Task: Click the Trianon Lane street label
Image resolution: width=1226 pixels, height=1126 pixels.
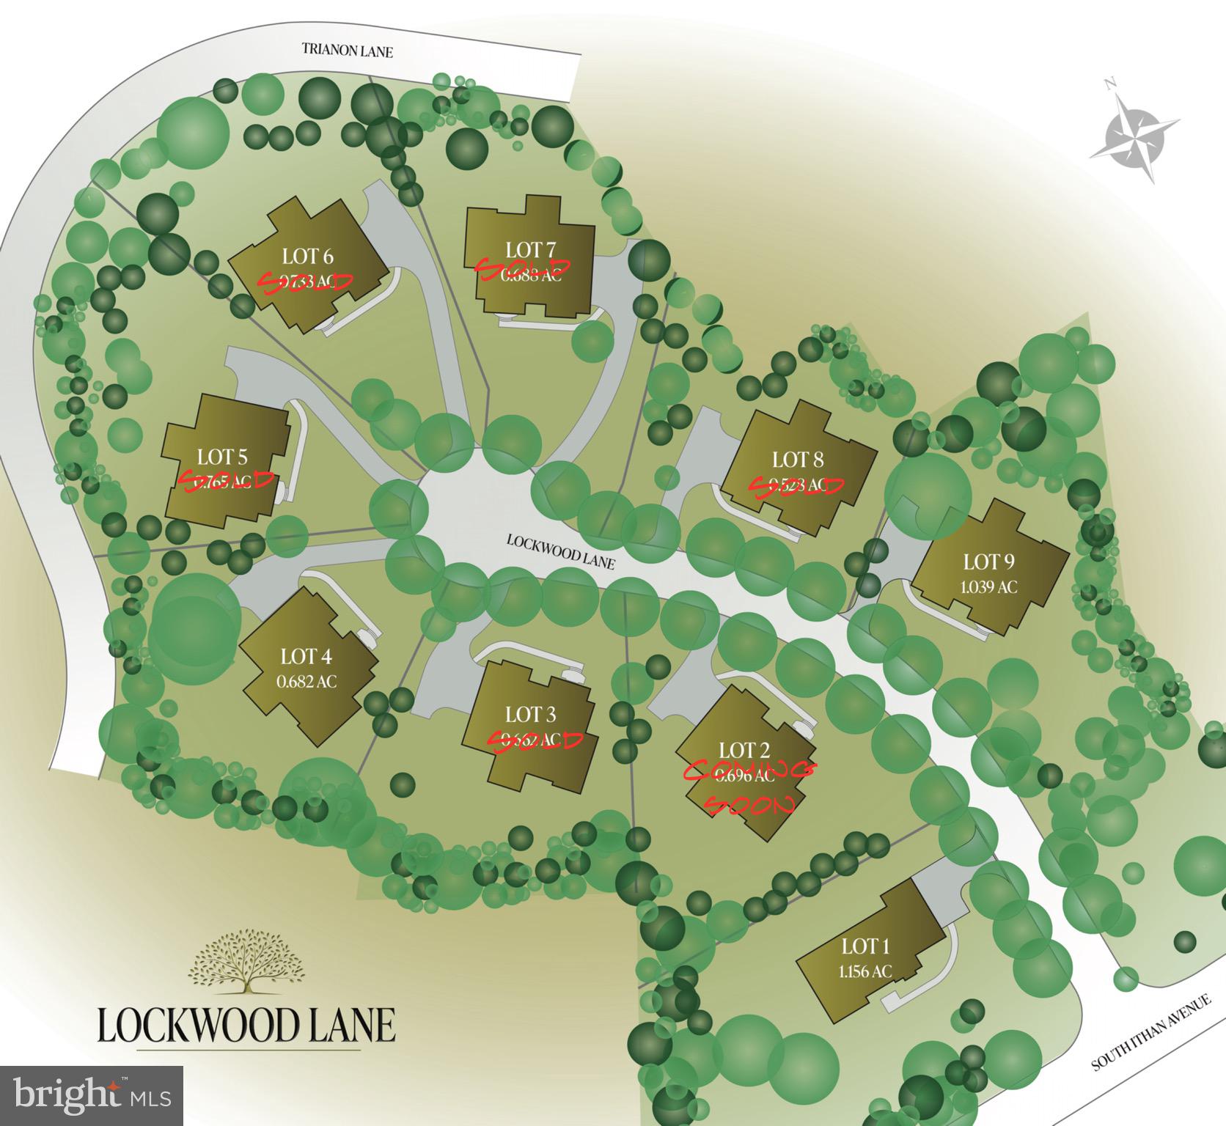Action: point(347,51)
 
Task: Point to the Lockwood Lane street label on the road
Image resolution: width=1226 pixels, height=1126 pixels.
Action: point(560,551)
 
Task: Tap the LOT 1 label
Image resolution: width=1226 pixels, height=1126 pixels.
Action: point(865,946)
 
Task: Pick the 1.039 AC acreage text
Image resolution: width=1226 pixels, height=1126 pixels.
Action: point(989,586)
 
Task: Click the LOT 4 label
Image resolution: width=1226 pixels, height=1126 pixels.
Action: point(306,656)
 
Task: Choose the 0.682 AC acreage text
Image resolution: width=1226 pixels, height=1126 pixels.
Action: point(306,681)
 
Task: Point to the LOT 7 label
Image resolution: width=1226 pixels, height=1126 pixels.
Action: point(530,250)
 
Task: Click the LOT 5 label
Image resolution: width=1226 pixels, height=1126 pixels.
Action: point(222,457)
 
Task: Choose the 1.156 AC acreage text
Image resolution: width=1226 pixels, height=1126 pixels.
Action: point(865,971)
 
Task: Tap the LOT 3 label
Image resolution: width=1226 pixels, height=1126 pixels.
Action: point(530,714)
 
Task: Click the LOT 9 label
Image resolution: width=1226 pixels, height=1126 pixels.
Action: point(989,562)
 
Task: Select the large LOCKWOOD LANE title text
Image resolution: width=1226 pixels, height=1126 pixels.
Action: point(246,1024)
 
